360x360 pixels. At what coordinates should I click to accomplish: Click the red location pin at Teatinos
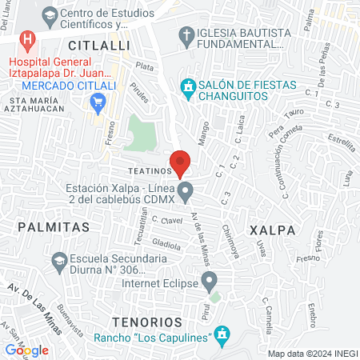[180, 162]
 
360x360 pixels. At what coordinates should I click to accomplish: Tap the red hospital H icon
[29, 39]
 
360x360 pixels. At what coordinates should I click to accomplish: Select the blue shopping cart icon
[99, 101]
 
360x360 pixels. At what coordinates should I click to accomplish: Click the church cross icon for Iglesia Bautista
[186, 34]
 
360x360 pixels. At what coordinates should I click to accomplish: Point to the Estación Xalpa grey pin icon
[186, 191]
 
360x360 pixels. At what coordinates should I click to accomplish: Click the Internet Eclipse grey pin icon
[210, 281]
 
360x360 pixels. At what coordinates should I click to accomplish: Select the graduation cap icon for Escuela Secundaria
[58, 261]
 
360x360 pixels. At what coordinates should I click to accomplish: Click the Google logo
[27, 350]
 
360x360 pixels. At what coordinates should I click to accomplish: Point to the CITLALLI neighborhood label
[99, 46]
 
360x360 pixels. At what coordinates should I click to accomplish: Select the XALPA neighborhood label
[273, 230]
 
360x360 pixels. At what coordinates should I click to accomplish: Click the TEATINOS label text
[132, 170]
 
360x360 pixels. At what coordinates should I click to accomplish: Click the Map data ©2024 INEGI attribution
[312, 353]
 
